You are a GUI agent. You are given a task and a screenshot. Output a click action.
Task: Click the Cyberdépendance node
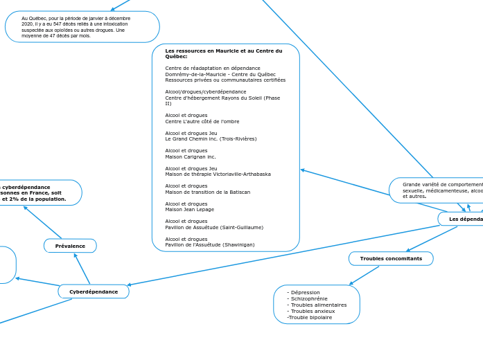tap(94, 291)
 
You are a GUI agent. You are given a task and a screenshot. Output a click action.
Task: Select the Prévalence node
tap(70, 246)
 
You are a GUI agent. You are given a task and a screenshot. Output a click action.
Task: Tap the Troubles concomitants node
tap(390, 258)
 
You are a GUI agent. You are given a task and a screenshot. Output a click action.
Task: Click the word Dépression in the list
tap(305, 292)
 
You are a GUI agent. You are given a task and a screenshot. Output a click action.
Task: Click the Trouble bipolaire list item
tap(309, 317)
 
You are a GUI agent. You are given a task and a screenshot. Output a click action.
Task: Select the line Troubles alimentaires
tap(318, 305)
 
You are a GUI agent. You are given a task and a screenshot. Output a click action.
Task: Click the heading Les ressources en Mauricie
tap(223, 53)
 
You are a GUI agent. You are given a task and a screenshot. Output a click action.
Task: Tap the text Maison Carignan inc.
tap(190, 156)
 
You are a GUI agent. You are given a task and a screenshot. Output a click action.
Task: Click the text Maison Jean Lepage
tap(189, 209)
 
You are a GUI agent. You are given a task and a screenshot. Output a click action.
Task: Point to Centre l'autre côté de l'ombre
tap(202, 121)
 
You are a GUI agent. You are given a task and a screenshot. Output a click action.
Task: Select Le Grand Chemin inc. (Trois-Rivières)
tap(211, 138)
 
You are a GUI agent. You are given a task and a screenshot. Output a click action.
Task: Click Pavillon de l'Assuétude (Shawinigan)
tap(209, 244)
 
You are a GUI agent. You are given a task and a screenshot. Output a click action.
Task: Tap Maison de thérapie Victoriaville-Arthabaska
tap(218, 174)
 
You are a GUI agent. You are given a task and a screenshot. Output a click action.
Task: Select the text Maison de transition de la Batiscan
tap(207, 192)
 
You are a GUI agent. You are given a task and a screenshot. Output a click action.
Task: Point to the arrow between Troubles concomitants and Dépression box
tap(364, 276)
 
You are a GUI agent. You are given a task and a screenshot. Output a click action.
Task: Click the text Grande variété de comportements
tap(441, 185)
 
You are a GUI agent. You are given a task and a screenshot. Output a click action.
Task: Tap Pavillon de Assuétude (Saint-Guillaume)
tap(213, 227)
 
